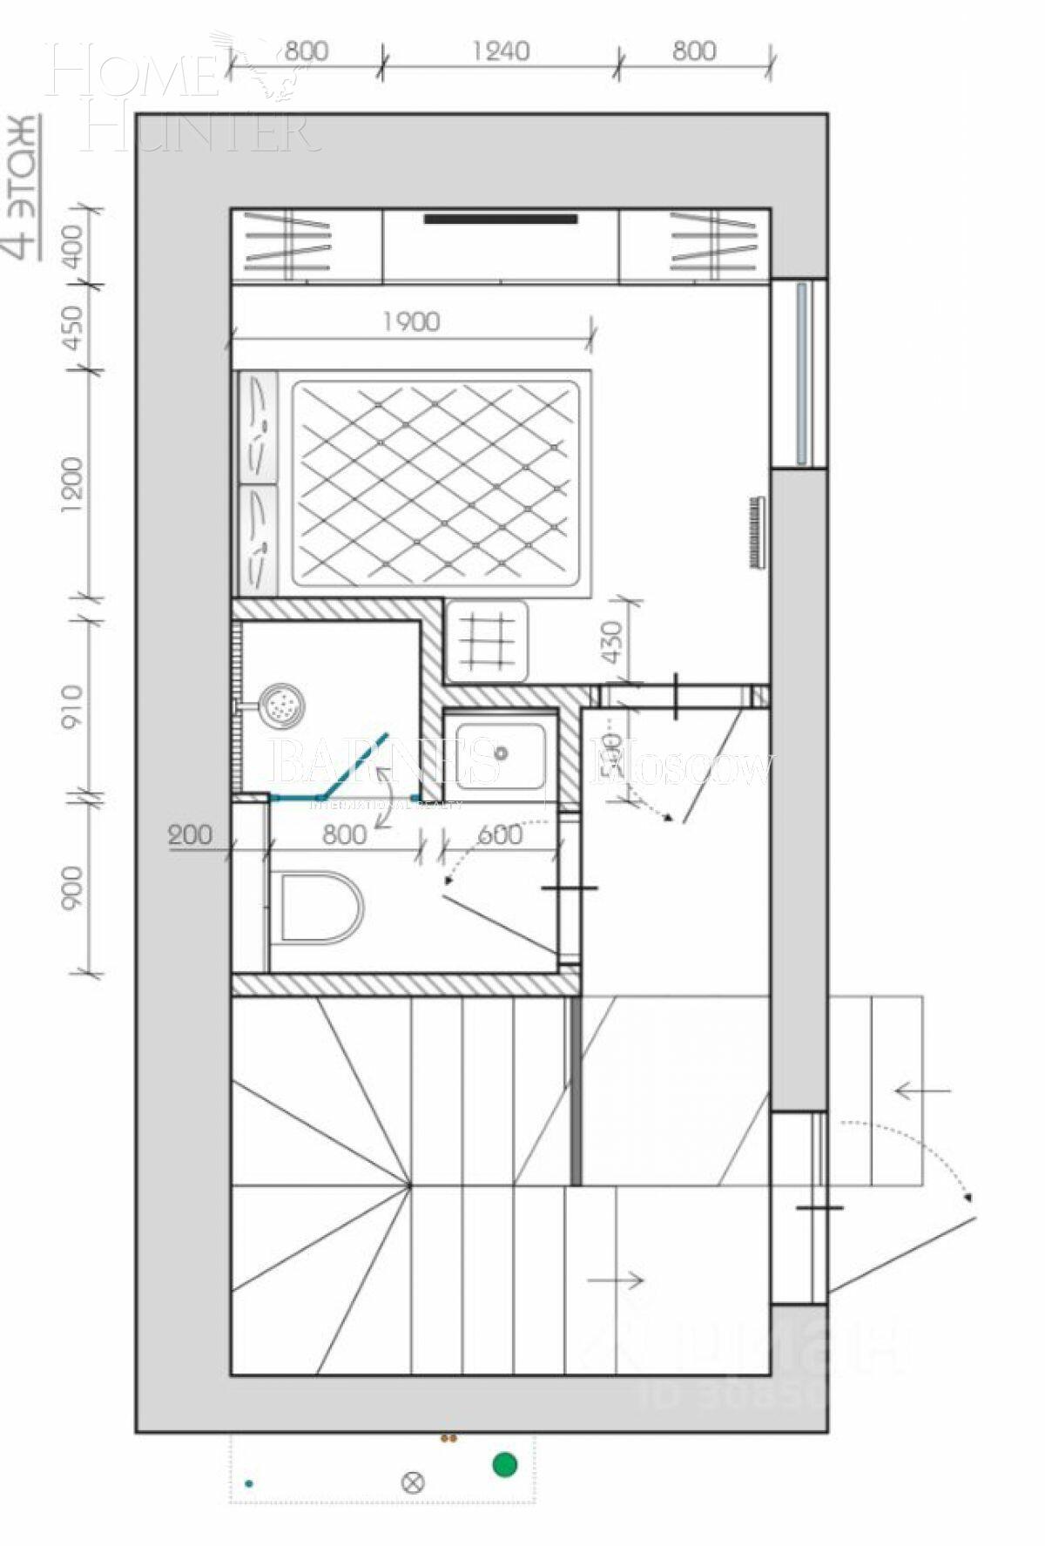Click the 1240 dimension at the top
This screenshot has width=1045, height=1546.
tap(501, 51)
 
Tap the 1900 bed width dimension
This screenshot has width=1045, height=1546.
tap(411, 321)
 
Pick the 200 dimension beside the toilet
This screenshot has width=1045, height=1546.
tap(190, 834)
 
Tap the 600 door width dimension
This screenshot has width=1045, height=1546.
tap(500, 834)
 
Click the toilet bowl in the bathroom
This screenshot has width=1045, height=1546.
tap(319, 907)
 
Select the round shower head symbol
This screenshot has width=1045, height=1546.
tap(284, 703)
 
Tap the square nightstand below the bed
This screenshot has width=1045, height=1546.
tap(486, 641)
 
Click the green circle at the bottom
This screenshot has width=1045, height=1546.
tap(505, 1464)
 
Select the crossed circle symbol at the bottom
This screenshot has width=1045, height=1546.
tap(413, 1482)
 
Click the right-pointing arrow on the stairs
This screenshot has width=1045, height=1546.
tap(616, 1279)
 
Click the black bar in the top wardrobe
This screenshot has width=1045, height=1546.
tap(501, 219)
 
